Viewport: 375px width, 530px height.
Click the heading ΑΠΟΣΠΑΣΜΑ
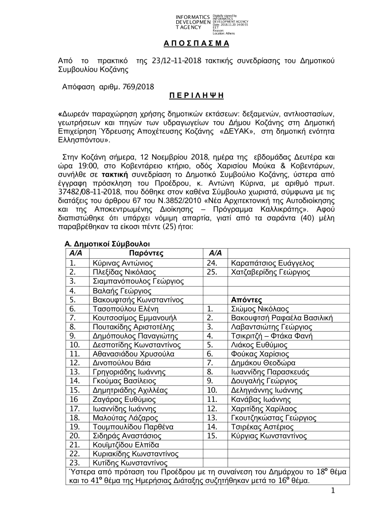196,44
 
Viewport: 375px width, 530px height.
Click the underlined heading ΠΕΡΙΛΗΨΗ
196,96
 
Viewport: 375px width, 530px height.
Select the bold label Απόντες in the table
246,300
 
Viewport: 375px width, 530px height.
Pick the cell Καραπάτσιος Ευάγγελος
273,263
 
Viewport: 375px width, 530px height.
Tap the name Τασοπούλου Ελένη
126,309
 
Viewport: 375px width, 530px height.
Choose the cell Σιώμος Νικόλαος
260,309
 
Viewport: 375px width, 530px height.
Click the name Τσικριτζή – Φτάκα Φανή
272,336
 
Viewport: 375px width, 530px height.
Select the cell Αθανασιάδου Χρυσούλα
133,354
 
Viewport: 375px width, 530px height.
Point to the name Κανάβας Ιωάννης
261,399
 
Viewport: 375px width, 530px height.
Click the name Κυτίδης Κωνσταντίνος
130,463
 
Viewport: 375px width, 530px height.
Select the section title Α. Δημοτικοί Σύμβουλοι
107,244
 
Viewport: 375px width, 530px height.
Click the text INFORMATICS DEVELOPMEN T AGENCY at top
192,22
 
